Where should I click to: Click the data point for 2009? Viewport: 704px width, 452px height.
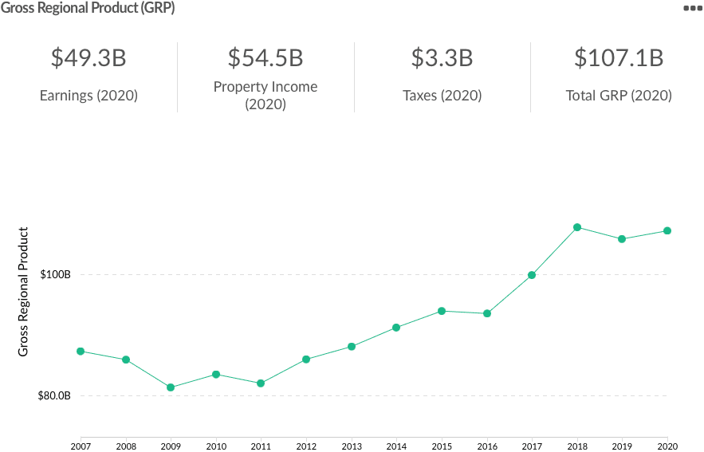point(171,387)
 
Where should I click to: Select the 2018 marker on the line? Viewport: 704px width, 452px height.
point(577,227)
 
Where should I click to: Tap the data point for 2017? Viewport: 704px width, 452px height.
point(532,275)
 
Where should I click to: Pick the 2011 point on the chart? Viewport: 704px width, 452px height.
point(261,383)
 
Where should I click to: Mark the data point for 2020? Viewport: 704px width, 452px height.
point(667,231)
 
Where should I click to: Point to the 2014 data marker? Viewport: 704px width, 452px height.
point(396,328)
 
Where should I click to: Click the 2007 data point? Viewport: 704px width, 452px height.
point(81,352)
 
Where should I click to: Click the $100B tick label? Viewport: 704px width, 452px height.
point(56,275)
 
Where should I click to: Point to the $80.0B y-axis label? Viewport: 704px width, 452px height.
point(54,396)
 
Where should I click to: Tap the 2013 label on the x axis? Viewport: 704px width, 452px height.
point(351,445)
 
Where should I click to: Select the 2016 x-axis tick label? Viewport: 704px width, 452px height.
point(486,445)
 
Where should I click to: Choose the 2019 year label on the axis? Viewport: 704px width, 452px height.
point(622,445)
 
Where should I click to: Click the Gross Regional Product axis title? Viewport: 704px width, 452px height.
point(24,292)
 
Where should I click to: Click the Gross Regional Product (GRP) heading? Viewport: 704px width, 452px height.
point(88,8)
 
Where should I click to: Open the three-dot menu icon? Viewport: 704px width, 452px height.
point(692,8)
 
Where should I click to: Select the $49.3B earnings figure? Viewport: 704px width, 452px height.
point(88,58)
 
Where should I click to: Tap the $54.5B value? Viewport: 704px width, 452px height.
point(265,58)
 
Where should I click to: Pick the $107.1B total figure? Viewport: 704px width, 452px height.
point(619,58)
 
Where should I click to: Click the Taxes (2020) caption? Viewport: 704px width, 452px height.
point(442,96)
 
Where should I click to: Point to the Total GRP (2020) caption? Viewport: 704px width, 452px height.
point(619,96)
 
